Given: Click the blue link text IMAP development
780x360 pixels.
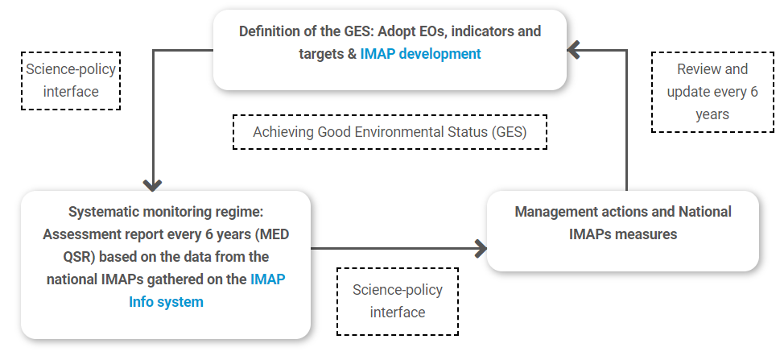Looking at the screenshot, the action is pos(420,54).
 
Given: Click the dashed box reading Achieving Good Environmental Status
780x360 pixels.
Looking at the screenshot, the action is pos(390,132).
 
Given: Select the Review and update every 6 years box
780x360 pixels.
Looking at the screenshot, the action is pos(712,92).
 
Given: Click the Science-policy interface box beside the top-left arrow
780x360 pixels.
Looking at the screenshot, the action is pos(71,81).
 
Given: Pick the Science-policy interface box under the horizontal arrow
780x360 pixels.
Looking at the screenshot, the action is pos(398,301).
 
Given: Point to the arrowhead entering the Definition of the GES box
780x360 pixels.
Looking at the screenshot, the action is pos(573,50).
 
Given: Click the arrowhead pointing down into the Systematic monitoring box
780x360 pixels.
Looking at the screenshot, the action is pos(153,185).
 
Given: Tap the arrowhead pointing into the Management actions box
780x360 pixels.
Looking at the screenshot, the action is pos(481,249).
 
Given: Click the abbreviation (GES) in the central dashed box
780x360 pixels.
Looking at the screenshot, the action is pos(509,132).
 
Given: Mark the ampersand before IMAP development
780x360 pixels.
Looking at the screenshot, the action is pos(353,54).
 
